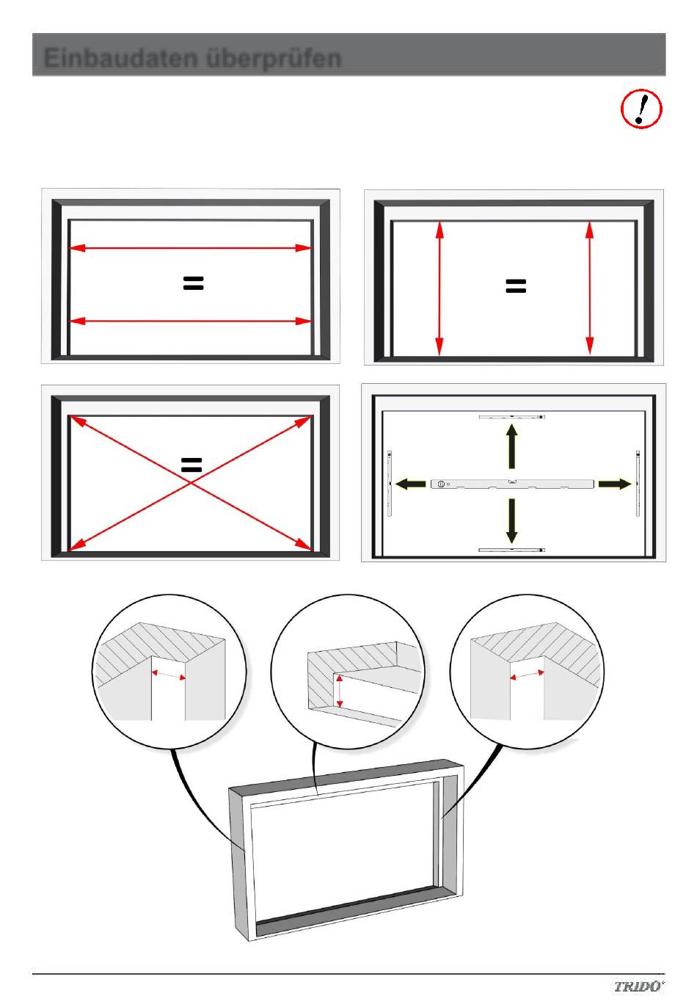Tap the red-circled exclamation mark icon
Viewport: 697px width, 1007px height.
pos(641,109)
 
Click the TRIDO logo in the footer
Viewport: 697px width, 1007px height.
pos(639,986)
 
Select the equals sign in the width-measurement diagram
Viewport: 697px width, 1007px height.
pos(193,283)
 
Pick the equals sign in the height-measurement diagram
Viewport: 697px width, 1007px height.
pos(516,286)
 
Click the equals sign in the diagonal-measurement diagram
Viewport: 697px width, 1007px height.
pos(191,465)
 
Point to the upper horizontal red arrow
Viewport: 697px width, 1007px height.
pos(189,247)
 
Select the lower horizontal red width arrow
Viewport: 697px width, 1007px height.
pos(189,321)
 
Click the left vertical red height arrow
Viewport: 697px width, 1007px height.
pos(439,288)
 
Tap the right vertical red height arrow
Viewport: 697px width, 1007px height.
pos(590,288)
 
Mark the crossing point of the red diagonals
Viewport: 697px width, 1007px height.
pos(190,483)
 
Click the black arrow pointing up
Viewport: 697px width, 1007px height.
pos(511,446)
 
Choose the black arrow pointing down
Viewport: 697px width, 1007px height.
pos(511,520)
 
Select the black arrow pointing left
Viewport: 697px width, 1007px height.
pos(410,484)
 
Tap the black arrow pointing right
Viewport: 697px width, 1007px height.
pos(615,484)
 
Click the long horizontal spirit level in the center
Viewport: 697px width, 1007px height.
pos(512,484)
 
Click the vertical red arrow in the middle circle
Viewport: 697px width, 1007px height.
pos(340,691)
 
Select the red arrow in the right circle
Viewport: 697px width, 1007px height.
pos(527,675)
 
